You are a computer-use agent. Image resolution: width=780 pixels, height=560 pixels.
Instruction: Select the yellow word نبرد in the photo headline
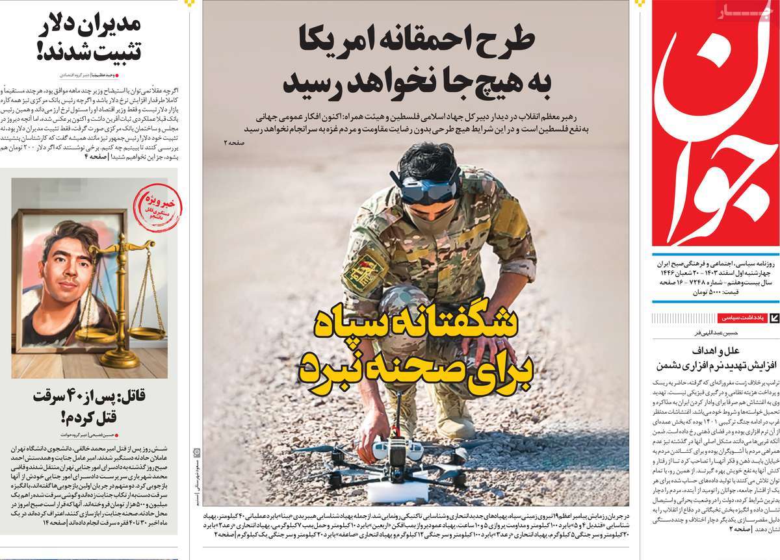tap(331, 370)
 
